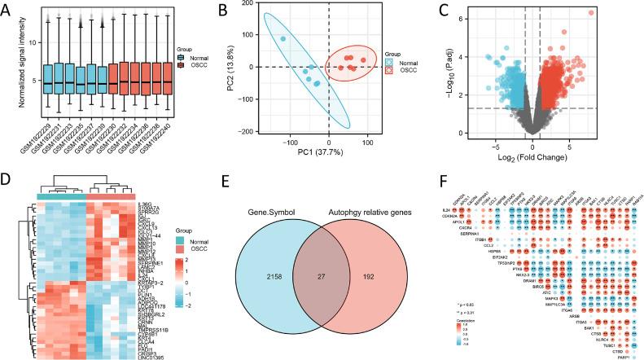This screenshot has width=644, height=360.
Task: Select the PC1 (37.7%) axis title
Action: point(328,157)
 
